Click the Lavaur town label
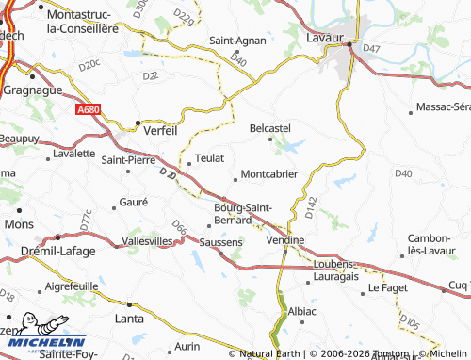325,37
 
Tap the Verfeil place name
161,131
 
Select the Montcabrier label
269,174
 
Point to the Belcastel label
269,127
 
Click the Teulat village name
208,158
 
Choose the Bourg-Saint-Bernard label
244,213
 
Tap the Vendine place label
285,240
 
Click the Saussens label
222,242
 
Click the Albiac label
302,310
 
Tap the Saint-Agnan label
235,41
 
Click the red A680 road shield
88,110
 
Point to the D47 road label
371,48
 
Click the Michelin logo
43,340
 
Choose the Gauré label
134,203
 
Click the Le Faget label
385,286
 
